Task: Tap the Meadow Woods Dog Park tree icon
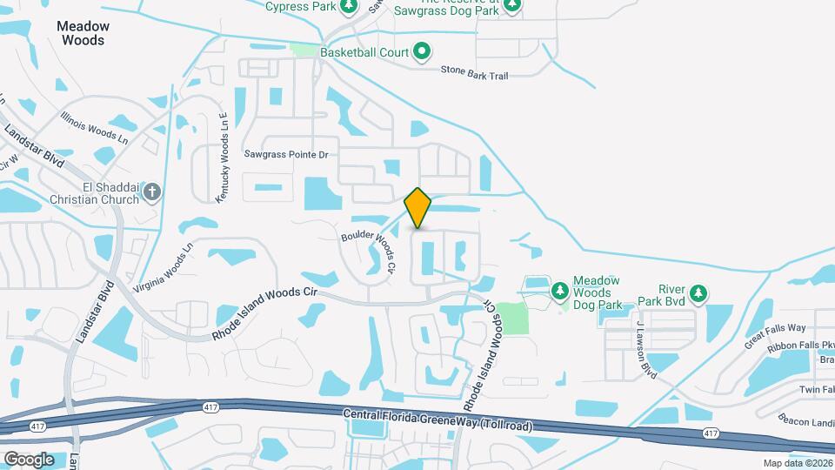[559, 288]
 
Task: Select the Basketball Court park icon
[422, 52]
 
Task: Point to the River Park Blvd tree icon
[698, 294]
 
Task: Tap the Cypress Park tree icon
[349, 7]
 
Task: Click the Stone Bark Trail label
[474, 75]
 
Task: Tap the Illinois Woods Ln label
[95, 128]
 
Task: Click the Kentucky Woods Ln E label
[222, 158]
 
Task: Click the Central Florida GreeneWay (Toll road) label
[438, 420]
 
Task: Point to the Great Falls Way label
[775, 335]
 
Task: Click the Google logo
[29, 459]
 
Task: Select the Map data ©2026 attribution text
[798, 463]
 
